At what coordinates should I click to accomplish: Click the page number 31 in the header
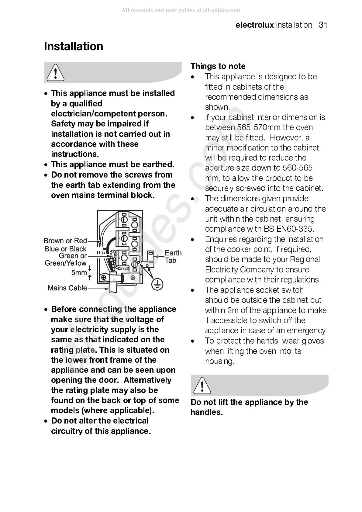323,25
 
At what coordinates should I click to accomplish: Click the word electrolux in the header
254,25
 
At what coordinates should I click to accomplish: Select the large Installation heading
74,47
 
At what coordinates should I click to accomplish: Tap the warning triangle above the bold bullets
55,73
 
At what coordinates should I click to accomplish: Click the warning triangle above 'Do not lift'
202,385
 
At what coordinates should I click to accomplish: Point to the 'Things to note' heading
218,66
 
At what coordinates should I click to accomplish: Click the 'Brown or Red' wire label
65,241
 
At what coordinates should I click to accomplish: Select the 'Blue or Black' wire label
66,249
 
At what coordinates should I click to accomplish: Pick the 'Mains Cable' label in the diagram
67,288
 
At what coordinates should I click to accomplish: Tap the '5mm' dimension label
79,273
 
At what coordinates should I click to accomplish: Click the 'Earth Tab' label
173,257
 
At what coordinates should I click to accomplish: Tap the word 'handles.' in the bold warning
207,413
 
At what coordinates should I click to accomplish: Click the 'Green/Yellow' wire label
66,263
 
